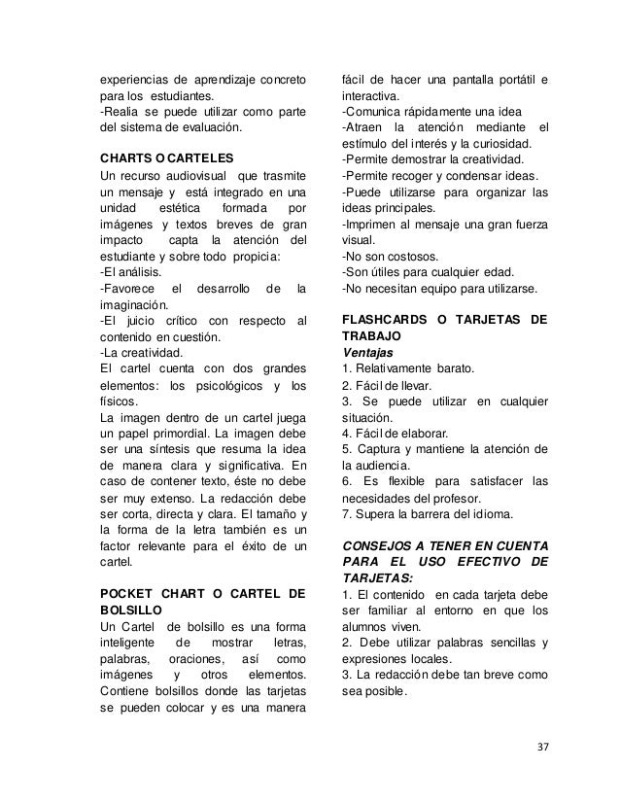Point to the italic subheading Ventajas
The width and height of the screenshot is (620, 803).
pyautogui.click(x=366, y=351)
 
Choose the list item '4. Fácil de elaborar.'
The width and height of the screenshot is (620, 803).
pyautogui.click(x=395, y=433)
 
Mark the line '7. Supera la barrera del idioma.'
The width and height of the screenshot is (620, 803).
pyautogui.click(x=426, y=513)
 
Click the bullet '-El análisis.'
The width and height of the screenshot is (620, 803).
pyautogui.click(x=133, y=271)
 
